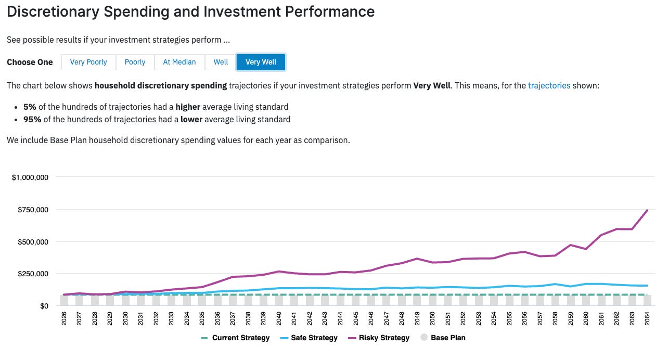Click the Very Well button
(261, 62)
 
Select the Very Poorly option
(88, 62)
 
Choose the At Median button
(179, 62)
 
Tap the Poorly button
(135, 62)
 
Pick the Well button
(221, 62)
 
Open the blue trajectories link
(549, 86)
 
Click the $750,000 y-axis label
(33, 210)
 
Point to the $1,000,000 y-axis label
(30, 177)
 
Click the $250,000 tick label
(33, 274)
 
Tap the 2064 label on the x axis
(647, 318)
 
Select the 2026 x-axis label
(64, 318)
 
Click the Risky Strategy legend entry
(379, 338)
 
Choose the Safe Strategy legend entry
(309, 338)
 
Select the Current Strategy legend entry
(235, 338)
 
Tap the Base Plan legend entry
(443, 338)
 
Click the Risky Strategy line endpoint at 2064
(647, 210)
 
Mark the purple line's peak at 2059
(571, 245)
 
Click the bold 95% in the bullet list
(32, 119)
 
